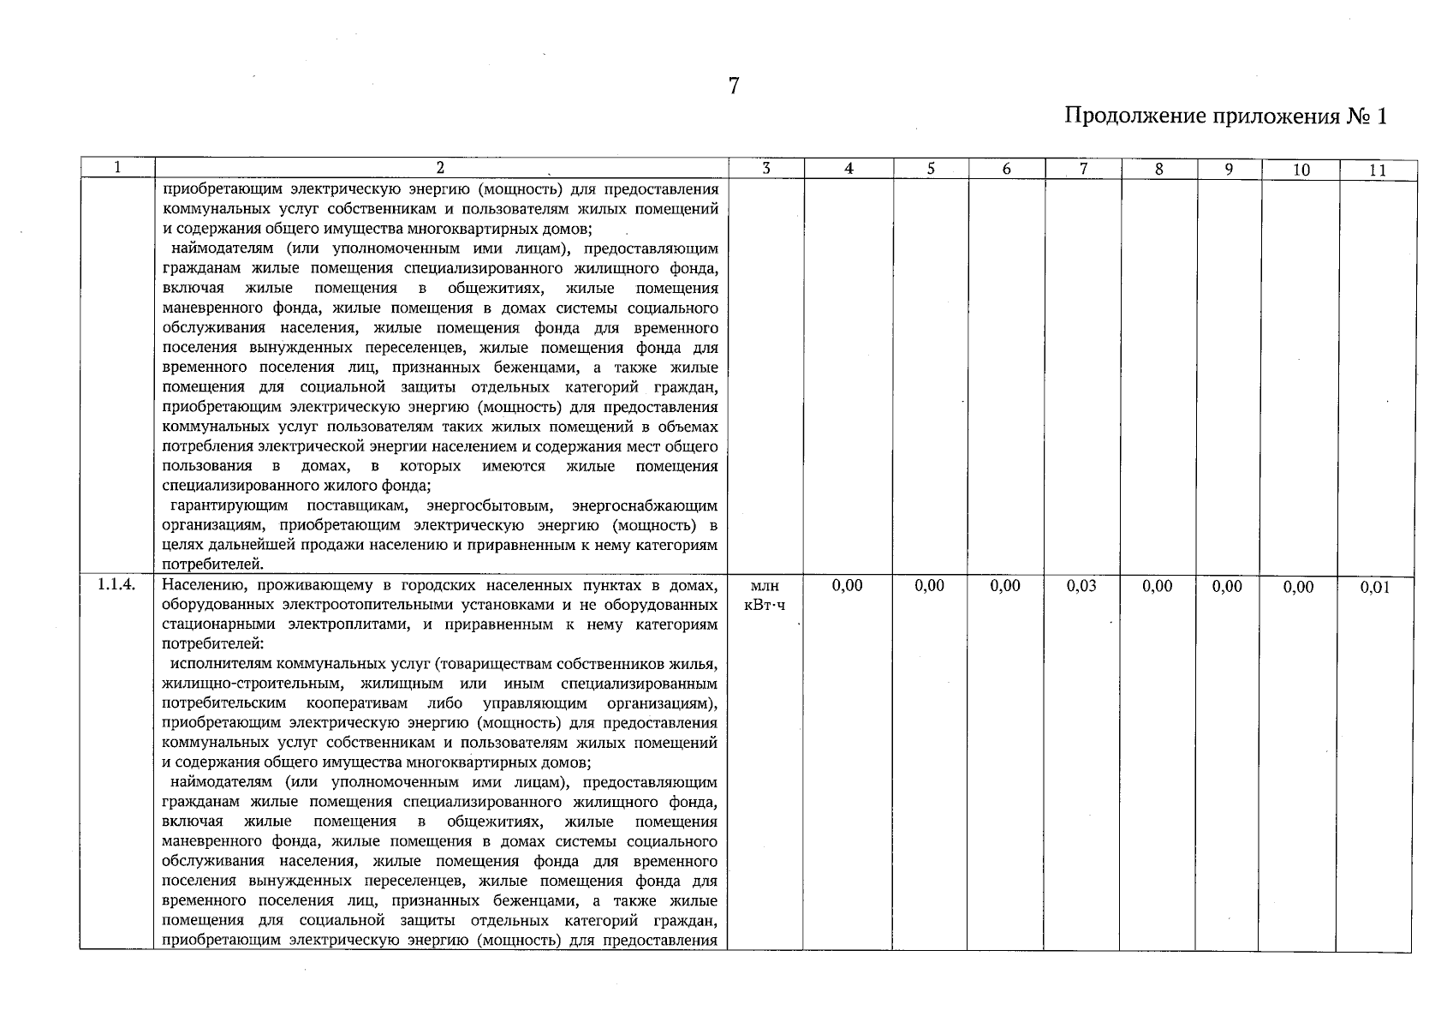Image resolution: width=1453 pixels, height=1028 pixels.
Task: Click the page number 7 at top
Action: coord(734,86)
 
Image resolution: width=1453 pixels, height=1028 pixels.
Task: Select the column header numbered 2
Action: coord(440,169)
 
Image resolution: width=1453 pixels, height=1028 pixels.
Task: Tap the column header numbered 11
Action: coord(1377,170)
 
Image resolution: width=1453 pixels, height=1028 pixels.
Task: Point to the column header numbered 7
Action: coord(1082,169)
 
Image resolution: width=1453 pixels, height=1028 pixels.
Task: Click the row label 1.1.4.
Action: coord(116,585)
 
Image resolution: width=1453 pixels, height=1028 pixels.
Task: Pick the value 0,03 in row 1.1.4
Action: coord(1081,586)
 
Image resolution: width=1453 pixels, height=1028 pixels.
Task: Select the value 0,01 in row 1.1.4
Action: coord(1375,587)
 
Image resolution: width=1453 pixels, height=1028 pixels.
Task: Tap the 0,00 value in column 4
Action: coord(847,586)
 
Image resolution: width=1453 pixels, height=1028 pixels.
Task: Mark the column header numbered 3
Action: coord(766,169)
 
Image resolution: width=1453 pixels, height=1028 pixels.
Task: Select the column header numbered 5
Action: coord(930,169)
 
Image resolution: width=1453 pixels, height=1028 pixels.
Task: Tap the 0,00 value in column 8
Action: coord(1158,586)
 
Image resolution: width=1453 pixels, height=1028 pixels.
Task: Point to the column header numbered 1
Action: coord(117,169)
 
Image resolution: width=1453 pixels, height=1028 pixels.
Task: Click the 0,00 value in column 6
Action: coord(1005,586)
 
